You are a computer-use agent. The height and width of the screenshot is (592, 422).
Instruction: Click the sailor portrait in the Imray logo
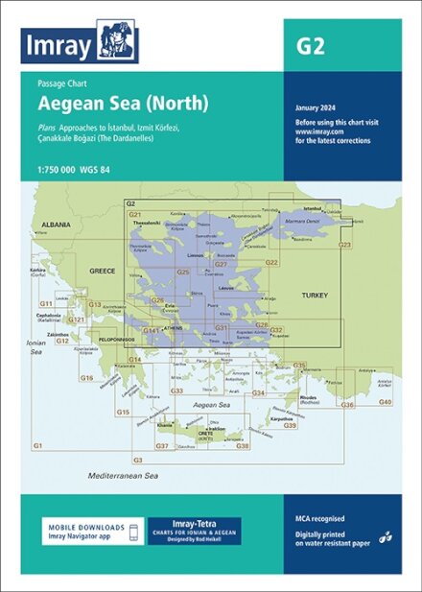click(118, 42)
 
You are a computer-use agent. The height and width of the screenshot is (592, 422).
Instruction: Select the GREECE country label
click(103, 271)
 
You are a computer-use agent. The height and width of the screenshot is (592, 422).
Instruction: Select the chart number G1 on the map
click(38, 446)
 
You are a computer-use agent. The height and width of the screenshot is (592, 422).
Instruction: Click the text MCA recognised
click(320, 519)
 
